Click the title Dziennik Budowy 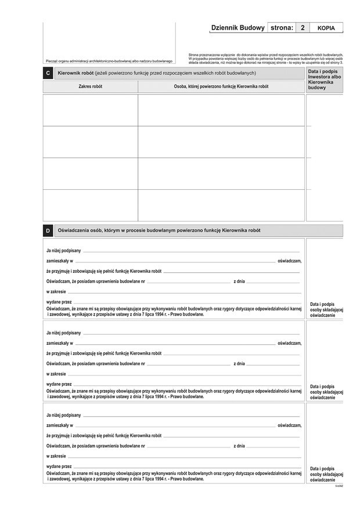tap(237, 28)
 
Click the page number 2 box tap(303, 28)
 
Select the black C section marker tap(48, 74)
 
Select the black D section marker tap(48, 231)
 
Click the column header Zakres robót tap(90, 86)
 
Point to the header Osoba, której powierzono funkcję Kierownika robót tap(221, 86)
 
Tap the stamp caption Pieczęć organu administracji tap(109, 61)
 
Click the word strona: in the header tap(282, 28)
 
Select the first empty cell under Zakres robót tap(90, 110)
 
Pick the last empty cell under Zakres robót tap(90, 205)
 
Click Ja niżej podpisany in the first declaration tap(63, 250)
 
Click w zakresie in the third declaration tap(56, 456)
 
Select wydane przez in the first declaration tap(59, 302)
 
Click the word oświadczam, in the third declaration tap(289, 425)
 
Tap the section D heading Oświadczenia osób tap(159, 230)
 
